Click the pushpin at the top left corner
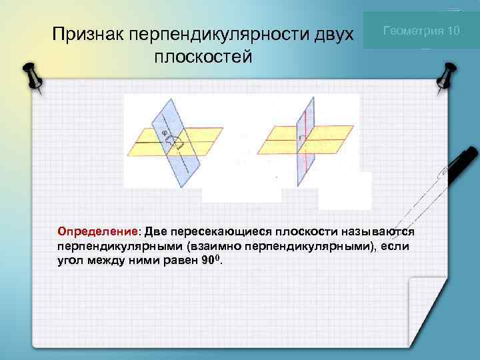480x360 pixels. [x=31, y=77]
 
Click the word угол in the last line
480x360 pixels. [x=70, y=260]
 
